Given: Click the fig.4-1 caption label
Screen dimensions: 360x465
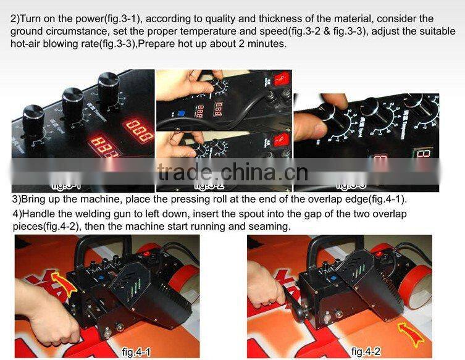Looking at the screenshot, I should (137, 351).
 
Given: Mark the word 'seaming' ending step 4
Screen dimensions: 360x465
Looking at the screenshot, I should (270, 227).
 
